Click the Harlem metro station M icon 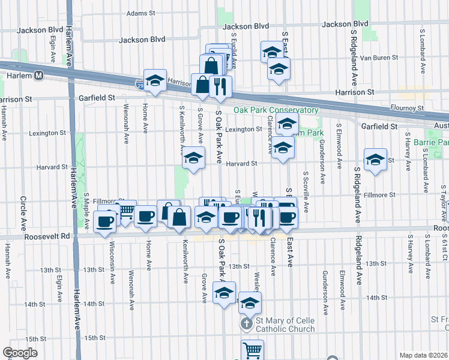(x=39, y=76)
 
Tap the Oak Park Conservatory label (x=276, y=110)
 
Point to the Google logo (x=20, y=352)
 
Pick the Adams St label (x=141, y=12)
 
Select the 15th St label (x=95, y=338)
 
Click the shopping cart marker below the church (x=253, y=349)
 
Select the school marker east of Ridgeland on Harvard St (x=375, y=159)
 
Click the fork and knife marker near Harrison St (x=220, y=86)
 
